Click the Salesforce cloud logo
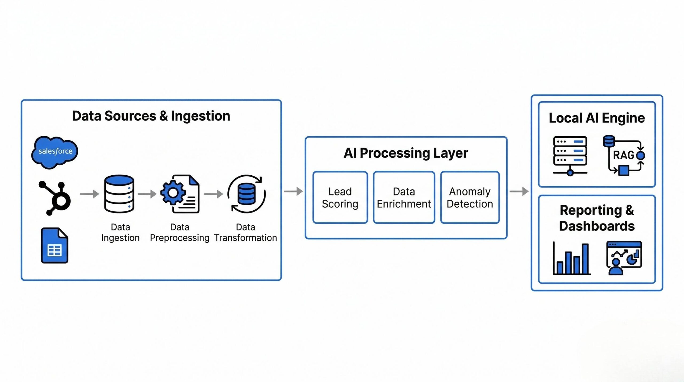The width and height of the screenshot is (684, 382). coord(55,152)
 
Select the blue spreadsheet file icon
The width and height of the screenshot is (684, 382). coord(55,245)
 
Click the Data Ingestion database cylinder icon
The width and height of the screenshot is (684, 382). coord(119,194)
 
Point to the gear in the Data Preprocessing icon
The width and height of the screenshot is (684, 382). coord(173,193)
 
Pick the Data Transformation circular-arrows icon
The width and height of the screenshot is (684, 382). coord(246,194)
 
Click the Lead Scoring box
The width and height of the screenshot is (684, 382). coord(340,198)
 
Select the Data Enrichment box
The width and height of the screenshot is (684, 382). coord(404,198)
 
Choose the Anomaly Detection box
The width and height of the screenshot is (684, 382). coord(470,198)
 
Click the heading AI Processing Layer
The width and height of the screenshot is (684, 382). coord(406,153)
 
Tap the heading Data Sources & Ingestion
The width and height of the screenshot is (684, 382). coord(151,116)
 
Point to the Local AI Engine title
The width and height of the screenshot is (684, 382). coord(597,118)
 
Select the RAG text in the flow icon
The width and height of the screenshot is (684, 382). coord(623,155)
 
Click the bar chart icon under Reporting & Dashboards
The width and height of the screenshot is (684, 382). coord(572,258)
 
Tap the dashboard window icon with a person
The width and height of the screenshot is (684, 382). coord(624,258)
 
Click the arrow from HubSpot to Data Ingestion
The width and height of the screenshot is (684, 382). coord(90,194)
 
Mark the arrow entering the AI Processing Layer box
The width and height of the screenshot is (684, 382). coord(293,191)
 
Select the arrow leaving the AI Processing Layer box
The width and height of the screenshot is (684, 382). coord(519,191)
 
